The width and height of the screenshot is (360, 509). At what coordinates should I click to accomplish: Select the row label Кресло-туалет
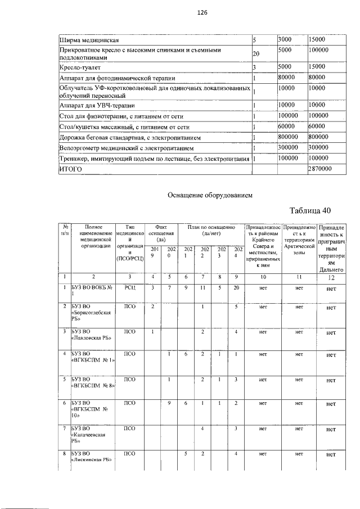[x=82, y=67]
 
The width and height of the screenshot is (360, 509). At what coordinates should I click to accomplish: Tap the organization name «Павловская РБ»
[x=91, y=339]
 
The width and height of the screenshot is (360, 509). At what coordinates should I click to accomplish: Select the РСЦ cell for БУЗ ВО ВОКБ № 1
[x=130, y=287]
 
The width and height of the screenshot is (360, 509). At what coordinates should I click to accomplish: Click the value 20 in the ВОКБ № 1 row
[x=237, y=288]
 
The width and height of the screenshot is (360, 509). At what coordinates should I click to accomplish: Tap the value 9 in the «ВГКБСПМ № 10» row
[x=169, y=403]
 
